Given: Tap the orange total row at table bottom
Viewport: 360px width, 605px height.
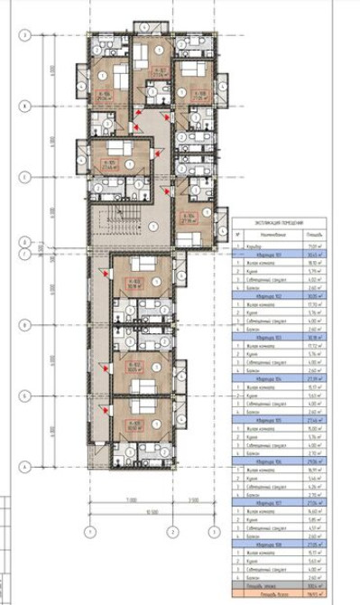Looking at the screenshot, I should click(280, 597).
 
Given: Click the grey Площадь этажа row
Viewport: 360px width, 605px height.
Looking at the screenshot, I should click(280, 588).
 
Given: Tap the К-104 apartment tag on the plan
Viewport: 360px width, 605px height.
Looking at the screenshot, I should click(189, 217).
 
